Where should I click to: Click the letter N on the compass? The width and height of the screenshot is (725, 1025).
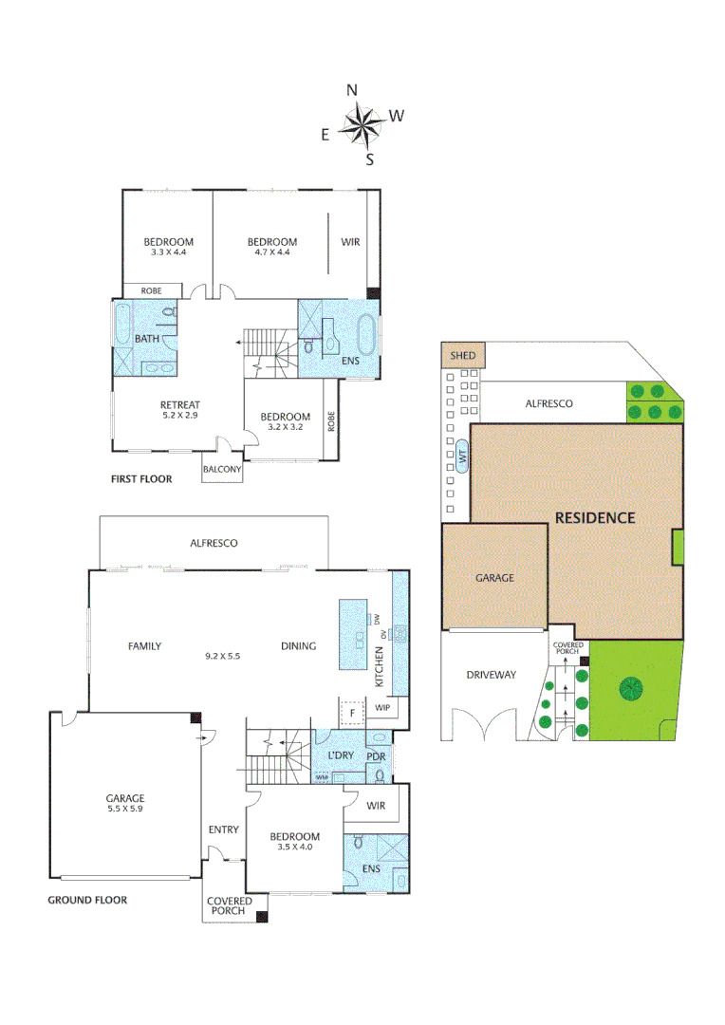click(x=352, y=90)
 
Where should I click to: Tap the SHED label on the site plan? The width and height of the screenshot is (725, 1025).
click(x=463, y=356)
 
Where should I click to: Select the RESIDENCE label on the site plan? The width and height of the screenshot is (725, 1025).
click(x=595, y=518)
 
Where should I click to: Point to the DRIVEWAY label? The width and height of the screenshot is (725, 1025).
click(x=491, y=675)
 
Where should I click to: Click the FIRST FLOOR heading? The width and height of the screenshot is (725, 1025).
click(x=141, y=479)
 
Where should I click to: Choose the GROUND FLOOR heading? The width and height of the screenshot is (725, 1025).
click(x=87, y=900)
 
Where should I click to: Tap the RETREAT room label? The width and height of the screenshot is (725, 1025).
click(x=180, y=405)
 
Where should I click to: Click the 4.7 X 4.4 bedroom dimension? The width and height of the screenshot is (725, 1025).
click(x=271, y=252)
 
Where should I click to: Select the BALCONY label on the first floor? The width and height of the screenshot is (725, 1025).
click(x=223, y=469)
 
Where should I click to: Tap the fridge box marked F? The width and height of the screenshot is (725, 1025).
click(x=352, y=712)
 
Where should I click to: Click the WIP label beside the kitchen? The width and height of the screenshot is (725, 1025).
click(x=383, y=708)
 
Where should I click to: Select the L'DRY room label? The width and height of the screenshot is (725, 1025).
click(x=340, y=755)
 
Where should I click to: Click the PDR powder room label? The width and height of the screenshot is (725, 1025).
click(x=376, y=756)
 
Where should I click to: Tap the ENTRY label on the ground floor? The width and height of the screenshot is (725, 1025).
click(x=223, y=830)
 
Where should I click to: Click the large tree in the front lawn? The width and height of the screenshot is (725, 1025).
click(x=627, y=688)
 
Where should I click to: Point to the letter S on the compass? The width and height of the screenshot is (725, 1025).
click(x=370, y=159)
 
